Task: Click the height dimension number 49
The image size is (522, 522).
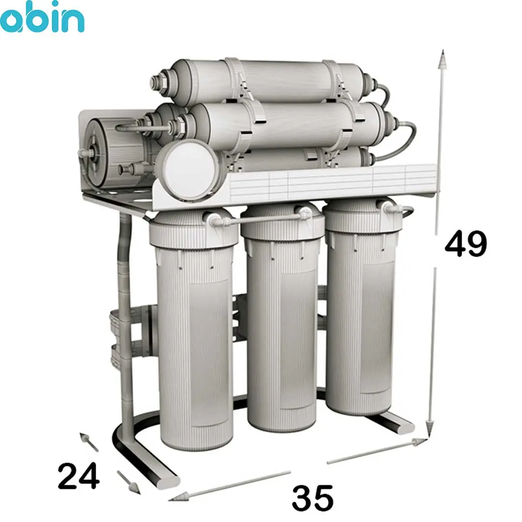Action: coord(465,243)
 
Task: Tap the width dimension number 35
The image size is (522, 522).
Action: coord(313,498)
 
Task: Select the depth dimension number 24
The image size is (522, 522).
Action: coord(79,476)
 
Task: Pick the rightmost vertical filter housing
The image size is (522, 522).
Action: coord(362,306)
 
